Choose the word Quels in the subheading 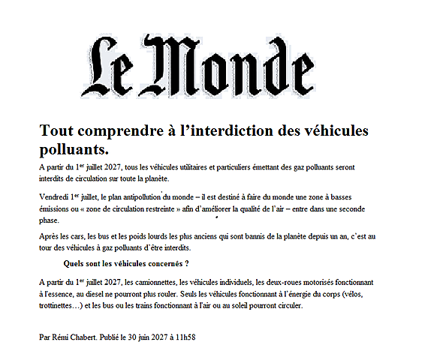(78, 263)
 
